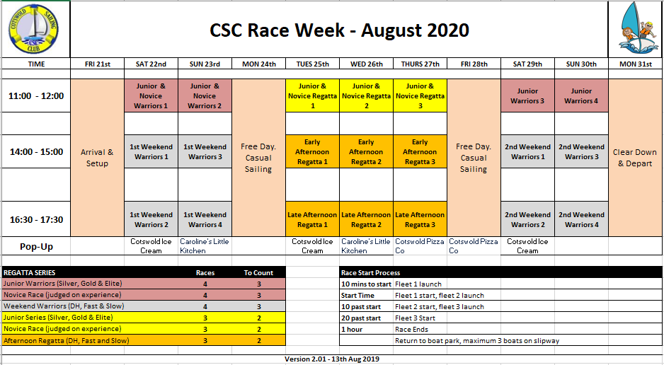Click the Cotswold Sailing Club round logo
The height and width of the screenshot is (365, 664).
click(x=33, y=29)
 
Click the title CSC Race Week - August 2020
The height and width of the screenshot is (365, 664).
click(x=339, y=30)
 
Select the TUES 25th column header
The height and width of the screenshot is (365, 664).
click(x=312, y=64)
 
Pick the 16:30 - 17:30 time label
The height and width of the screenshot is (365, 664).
click(x=36, y=219)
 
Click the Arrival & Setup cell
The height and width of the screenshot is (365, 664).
click(x=98, y=158)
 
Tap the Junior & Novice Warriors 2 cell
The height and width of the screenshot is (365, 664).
click(x=205, y=96)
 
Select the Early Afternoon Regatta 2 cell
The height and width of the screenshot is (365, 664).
click(x=366, y=152)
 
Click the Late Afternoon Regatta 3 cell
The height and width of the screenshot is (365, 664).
click(x=420, y=219)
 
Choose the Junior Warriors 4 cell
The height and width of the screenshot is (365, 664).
click(x=581, y=96)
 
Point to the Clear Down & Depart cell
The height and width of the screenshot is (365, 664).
click(x=635, y=158)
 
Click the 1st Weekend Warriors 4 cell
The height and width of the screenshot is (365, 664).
click(x=205, y=219)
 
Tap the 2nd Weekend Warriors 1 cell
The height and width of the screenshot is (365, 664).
click(x=527, y=152)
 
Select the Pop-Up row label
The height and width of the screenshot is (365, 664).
click(x=36, y=247)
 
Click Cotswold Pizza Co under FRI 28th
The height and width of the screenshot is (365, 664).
click(x=474, y=246)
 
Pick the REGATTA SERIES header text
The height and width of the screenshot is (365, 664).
click(x=30, y=273)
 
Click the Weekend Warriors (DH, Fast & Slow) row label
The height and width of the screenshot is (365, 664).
click(x=64, y=306)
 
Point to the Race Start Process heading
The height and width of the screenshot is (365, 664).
click(x=370, y=273)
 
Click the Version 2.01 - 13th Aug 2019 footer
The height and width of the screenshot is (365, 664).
click(x=332, y=359)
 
